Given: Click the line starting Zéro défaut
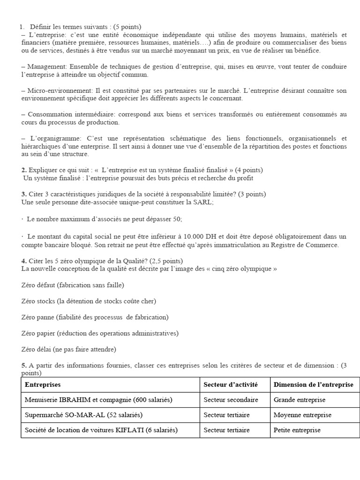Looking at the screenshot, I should click(x=73, y=285).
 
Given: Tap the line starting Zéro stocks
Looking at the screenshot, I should click(x=89, y=301).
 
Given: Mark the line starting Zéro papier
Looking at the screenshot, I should click(x=100, y=333).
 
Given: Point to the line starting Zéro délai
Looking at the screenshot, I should click(x=68, y=349).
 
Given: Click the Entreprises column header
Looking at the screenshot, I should click(x=43, y=384).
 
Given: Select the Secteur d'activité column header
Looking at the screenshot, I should click(x=231, y=384).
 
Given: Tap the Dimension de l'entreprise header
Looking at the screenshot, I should click(x=314, y=384).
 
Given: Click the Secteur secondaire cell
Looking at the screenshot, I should click(x=231, y=400).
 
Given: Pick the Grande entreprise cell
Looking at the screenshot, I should click(x=300, y=400).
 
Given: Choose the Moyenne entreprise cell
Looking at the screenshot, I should click(x=302, y=415).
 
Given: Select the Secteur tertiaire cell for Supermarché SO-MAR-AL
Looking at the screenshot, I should click(x=226, y=415).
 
